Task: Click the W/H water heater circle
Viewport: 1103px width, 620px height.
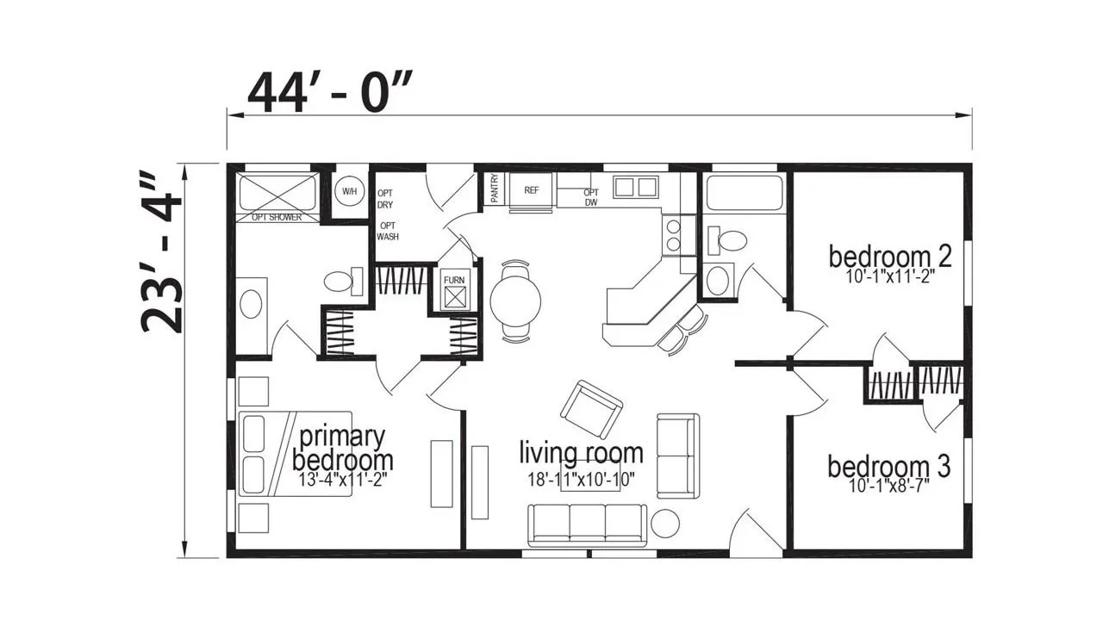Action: (x=349, y=191)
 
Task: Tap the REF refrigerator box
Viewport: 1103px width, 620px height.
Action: (x=532, y=190)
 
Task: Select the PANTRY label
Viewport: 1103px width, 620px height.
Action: (x=495, y=188)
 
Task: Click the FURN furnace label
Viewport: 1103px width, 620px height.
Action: (x=454, y=280)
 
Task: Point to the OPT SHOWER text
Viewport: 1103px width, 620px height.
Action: (x=277, y=218)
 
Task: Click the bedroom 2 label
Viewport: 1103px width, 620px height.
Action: (x=890, y=257)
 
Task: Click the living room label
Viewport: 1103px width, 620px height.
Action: (x=581, y=453)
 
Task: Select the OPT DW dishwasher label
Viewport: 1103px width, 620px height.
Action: (x=591, y=197)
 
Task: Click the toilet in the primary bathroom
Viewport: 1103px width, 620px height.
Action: (x=343, y=282)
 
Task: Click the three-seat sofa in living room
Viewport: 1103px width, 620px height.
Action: (x=588, y=525)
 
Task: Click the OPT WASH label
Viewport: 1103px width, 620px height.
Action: (x=388, y=232)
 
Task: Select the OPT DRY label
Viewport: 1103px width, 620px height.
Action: (x=385, y=199)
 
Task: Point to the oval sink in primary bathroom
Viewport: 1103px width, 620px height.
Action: (x=251, y=305)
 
